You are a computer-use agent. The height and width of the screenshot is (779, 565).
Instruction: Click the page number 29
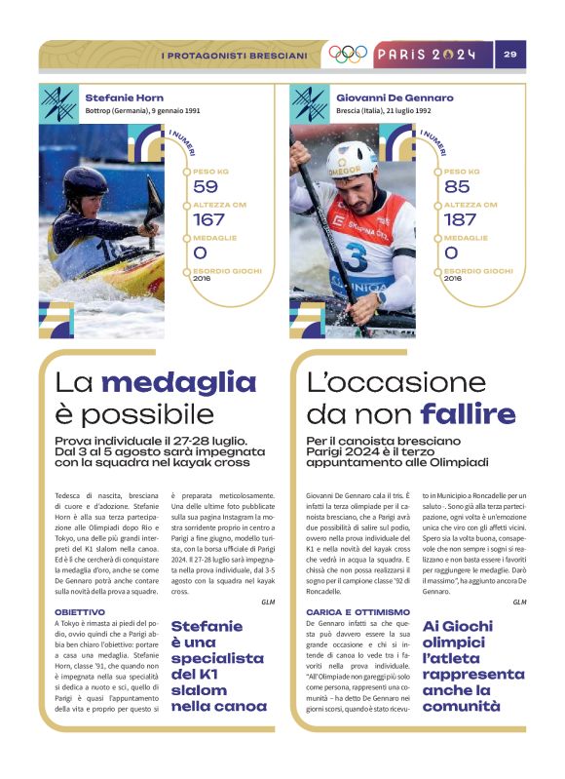click(509, 55)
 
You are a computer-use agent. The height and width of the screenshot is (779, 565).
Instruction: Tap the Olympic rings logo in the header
click(348, 55)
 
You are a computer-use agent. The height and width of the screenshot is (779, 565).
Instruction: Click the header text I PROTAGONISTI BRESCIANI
click(234, 56)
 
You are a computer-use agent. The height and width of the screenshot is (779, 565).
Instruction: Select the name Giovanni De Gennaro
click(395, 97)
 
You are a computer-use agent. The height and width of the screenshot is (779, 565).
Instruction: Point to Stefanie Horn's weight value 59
click(206, 186)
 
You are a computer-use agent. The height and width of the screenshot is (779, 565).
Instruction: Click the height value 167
click(209, 219)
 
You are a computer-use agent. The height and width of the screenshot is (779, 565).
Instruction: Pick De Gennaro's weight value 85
click(456, 186)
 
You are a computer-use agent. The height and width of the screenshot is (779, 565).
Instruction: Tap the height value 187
click(460, 219)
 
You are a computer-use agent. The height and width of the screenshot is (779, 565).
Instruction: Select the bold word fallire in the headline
click(468, 413)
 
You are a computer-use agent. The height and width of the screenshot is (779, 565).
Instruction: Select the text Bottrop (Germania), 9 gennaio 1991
click(143, 111)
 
